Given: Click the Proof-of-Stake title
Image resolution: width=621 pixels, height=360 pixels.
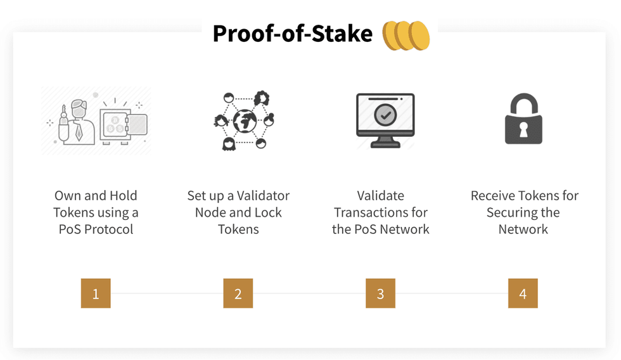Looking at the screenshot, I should tap(292, 34).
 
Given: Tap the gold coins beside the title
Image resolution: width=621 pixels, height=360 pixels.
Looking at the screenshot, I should tap(406, 35).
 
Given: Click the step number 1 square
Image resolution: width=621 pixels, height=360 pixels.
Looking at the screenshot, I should tap(96, 293).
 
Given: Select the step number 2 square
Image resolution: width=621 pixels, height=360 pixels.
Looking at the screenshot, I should tap(238, 293).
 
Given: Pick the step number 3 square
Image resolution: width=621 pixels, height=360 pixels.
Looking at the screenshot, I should tap(380, 293).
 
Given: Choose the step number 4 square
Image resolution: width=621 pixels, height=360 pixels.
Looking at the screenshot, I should tap(523, 293).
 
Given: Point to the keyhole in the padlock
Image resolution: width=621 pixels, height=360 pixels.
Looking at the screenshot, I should tap(523, 129).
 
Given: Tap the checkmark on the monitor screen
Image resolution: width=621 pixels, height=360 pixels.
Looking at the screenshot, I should tap(385, 115).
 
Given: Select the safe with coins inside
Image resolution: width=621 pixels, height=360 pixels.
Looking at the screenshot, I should tap(124, 124).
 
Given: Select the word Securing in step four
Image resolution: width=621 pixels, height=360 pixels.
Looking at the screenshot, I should tap(514, 212).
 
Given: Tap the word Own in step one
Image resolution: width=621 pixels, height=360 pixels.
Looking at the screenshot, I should tap(68, 196).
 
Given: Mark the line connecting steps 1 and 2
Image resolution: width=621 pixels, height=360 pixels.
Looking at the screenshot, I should tap(167, 293).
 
